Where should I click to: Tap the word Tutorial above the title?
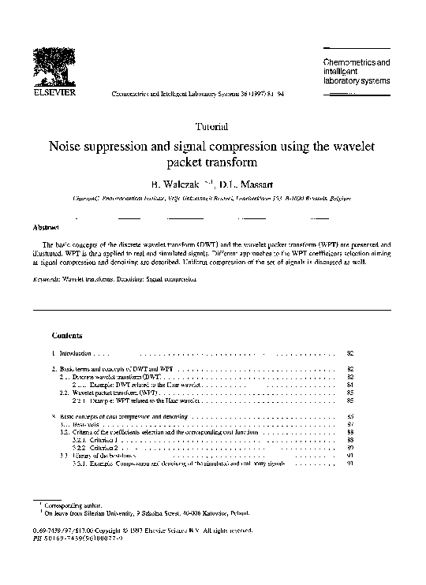(211, 127)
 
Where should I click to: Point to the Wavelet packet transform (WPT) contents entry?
(110, 393)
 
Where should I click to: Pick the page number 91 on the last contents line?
(351, 464)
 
